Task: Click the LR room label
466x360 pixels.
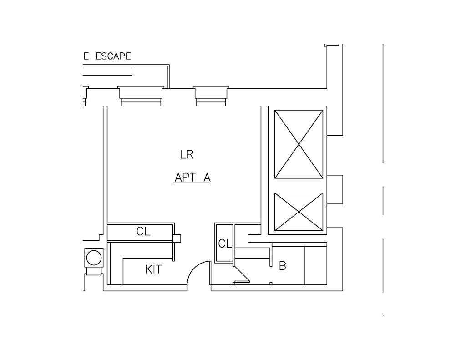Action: (x=187, y=155)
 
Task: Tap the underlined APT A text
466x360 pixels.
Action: (x=192, y=178)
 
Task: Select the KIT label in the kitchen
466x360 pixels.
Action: (x=153, y=269)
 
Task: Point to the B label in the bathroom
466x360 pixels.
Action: (x=282, y=265)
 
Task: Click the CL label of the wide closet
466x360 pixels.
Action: (x=143, y=231)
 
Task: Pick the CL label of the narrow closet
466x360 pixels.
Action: (x=225, y=244)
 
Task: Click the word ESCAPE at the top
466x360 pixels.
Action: (x=113, y=56)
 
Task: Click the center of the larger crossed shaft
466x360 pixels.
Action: (x=299, y=144)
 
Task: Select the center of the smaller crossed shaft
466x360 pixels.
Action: (x=299, y=212)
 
